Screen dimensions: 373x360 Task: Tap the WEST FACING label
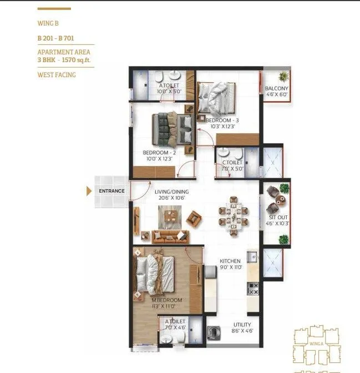tap(57, 74)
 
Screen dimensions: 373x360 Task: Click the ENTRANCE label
tap(111, 191)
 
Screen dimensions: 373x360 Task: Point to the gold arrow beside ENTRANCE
tap(89, 191)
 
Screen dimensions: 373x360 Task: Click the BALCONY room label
tap(276, 89)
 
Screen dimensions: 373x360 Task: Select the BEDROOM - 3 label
tap(222, 120)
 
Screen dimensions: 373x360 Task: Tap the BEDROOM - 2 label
tap(159, 153)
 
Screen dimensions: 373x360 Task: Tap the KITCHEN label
tap(230, 261)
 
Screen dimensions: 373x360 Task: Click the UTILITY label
tap(242, 325)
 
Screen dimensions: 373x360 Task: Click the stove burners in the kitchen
tap(252, 289)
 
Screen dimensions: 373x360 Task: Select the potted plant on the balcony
tap(283, 76)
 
